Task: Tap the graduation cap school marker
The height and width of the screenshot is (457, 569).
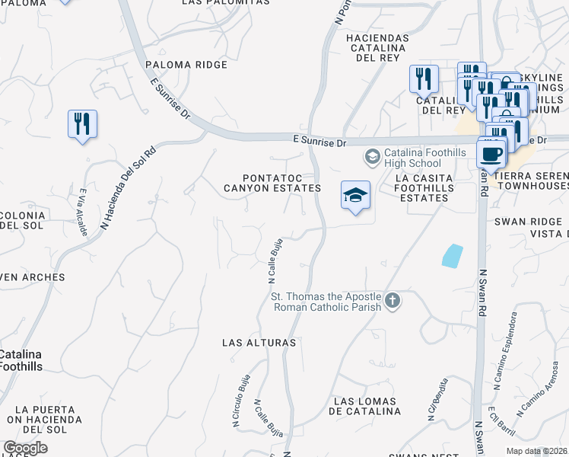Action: click(355, 195)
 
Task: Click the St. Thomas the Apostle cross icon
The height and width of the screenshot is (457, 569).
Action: click(392, 301)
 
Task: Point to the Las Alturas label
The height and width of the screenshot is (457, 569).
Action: click(259, 343)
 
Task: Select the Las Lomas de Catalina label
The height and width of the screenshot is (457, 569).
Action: click(365, 406)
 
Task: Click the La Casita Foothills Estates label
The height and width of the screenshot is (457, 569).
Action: click(423, 187)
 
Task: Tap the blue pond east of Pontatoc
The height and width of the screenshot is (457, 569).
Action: click(452, 255)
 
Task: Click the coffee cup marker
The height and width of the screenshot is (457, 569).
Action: click(491, 153)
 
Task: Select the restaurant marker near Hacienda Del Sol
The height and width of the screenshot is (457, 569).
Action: click(82, 124)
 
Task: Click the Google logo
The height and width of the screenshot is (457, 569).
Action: click(25, 448)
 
